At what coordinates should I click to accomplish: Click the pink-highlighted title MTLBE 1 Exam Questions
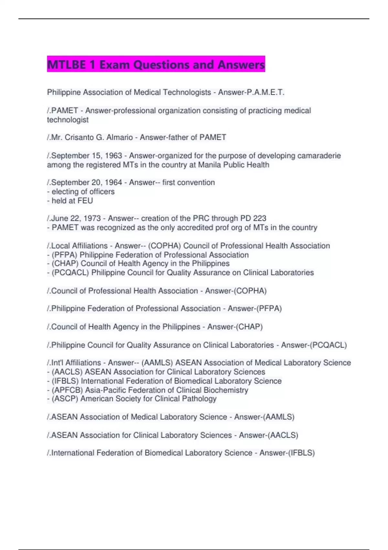click(156, 64)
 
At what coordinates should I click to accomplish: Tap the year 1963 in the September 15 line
click(113, 156)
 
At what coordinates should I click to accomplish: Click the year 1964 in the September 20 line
click(113, 182)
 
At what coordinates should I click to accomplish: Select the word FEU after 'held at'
click(85, 201)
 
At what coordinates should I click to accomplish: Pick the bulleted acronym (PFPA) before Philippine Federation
click(65, 255)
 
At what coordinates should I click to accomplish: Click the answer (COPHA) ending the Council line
click(250, 291)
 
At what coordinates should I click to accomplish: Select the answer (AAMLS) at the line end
click(279, 417)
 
